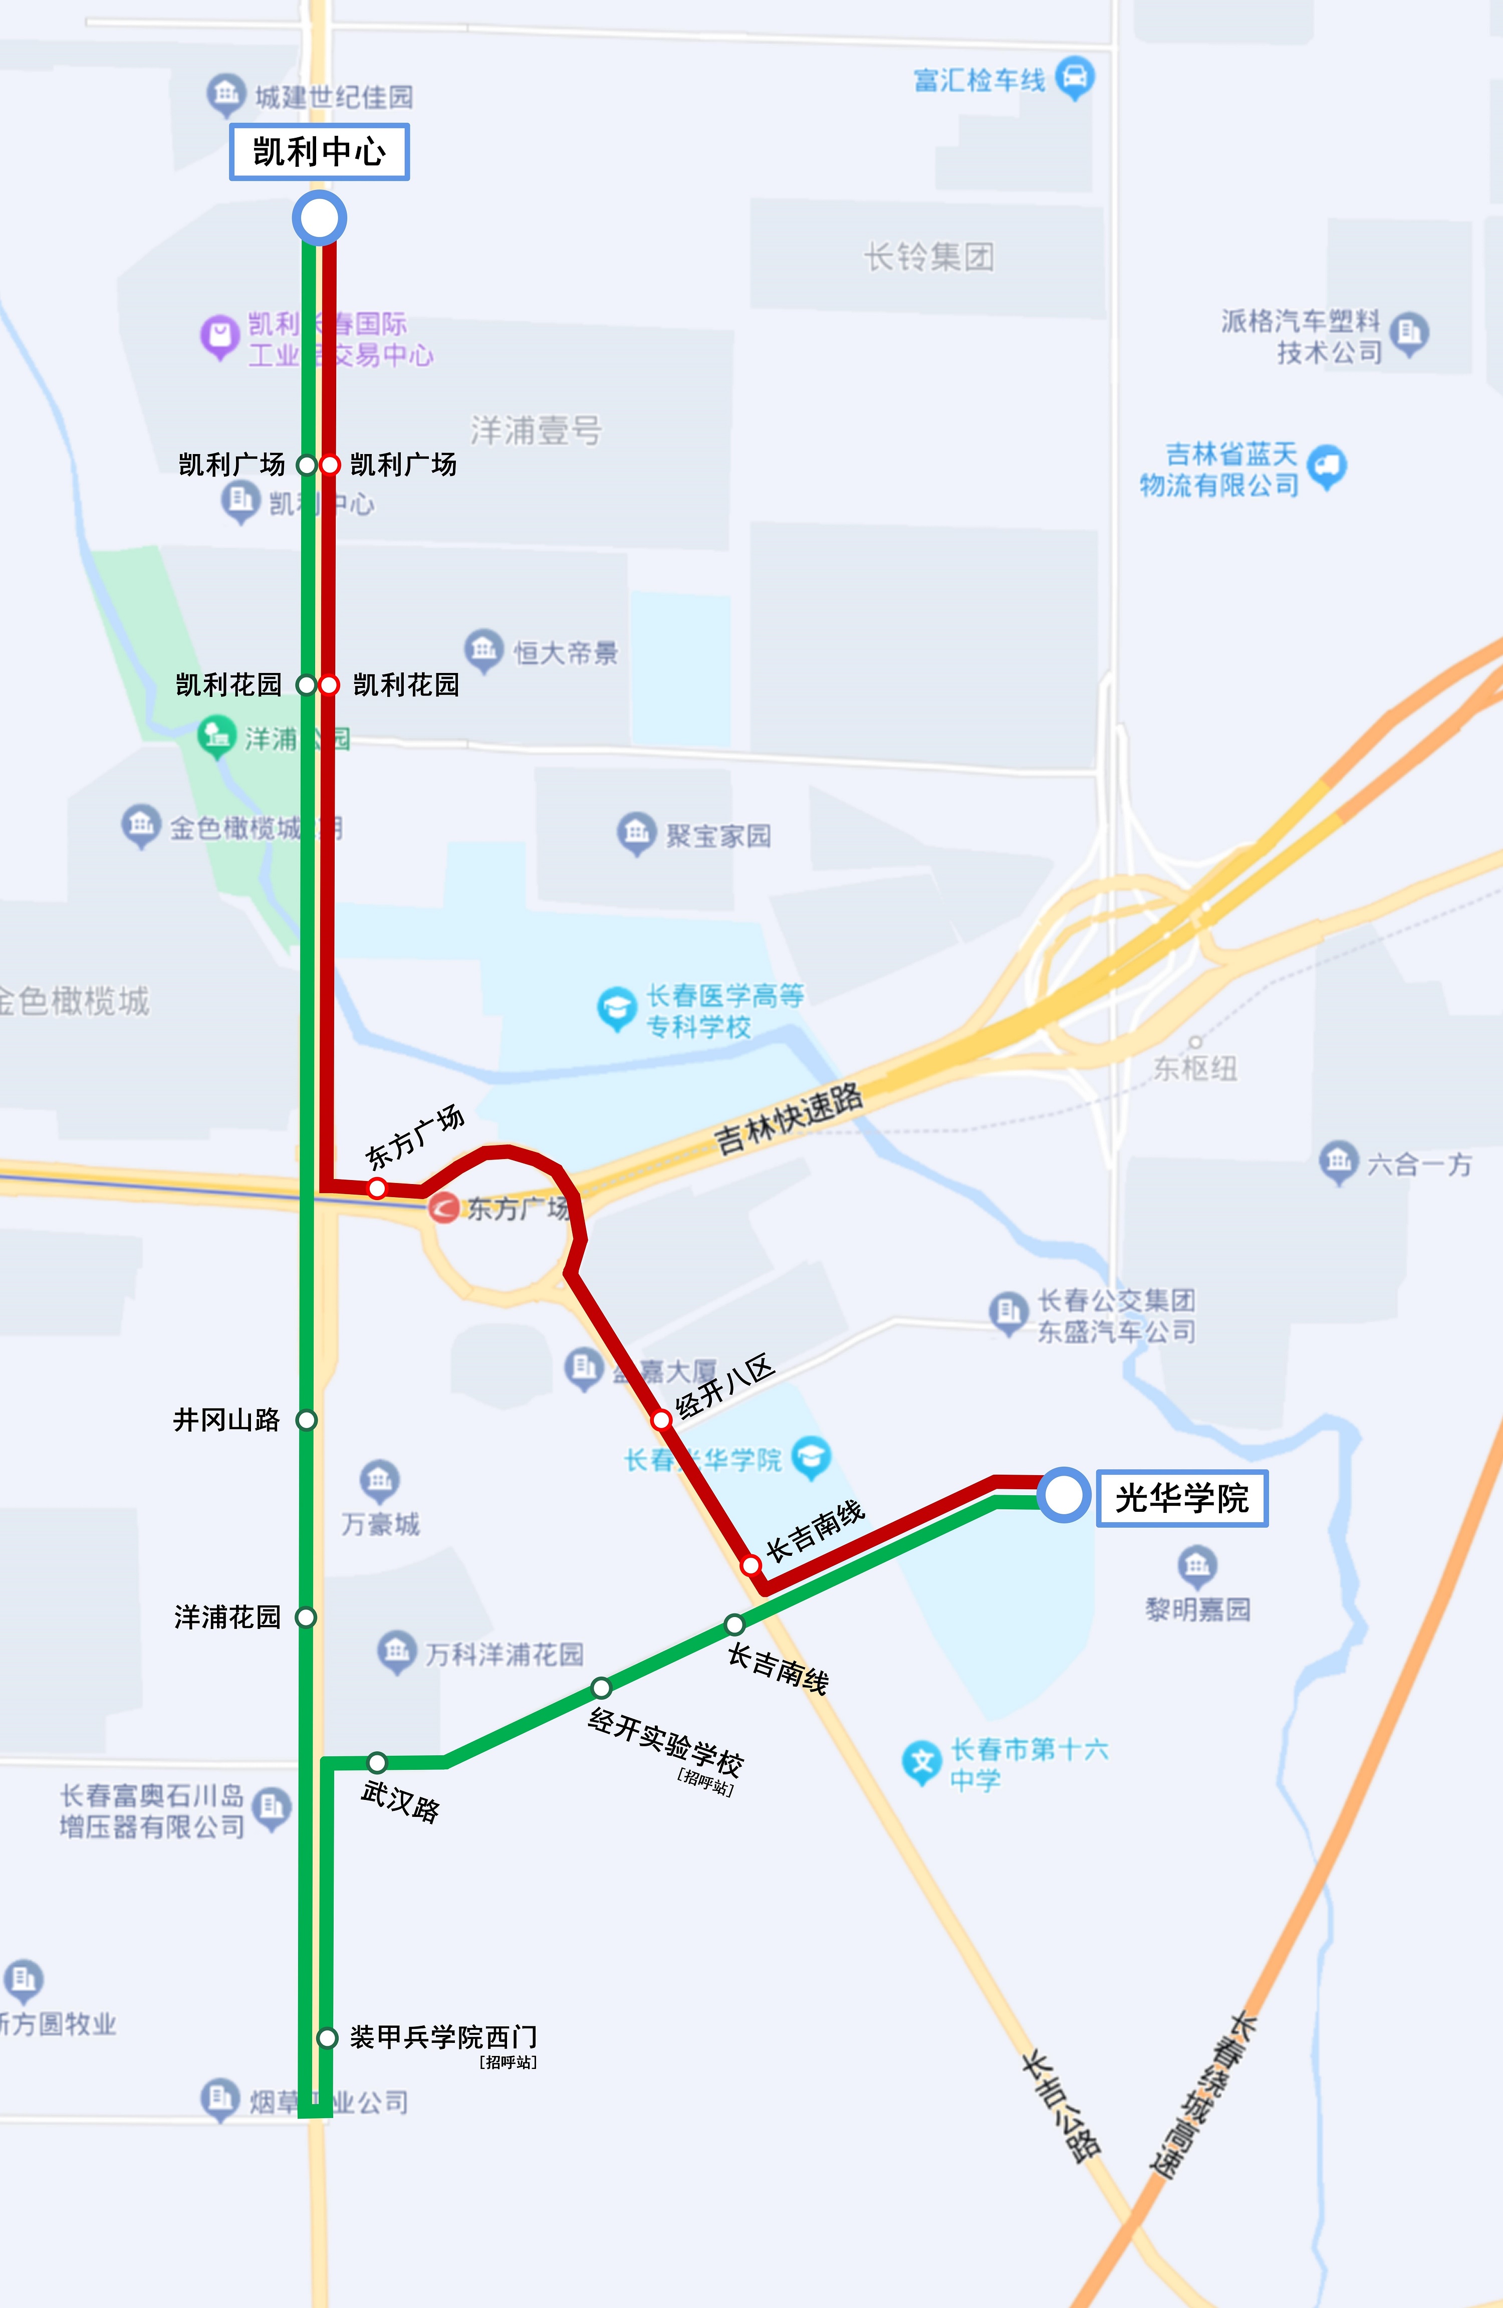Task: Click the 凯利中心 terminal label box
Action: tap(319, 151)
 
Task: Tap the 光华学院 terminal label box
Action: tap(1181, 1498)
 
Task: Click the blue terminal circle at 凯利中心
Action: tap(319, 217)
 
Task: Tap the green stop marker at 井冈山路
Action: tap(307, 1420)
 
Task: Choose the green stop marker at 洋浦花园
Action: tap(307, 1617)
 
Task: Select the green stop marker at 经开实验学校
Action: tap(601, 1687)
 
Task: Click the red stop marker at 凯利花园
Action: tap(330, 684)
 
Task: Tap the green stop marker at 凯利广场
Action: tap(307, 465)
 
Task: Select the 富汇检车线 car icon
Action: tap(1075, 78)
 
